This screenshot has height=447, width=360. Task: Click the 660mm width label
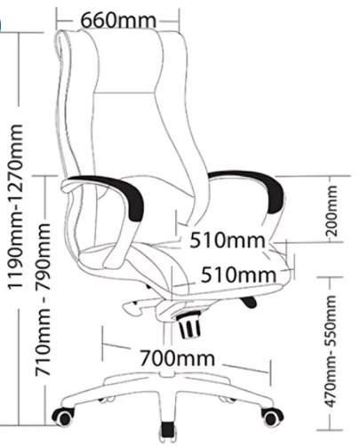[x=118, y=20]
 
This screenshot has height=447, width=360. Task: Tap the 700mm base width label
[x=177, y=358]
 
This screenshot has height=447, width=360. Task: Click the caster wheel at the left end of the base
[x=63, y=417]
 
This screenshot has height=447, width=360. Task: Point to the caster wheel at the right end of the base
[x=272, y=417]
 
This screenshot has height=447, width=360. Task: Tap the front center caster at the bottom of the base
[x=168, y=433]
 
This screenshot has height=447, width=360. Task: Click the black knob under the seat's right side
[x=248, y=302]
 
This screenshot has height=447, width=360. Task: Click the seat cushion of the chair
[x=184, y=267]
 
